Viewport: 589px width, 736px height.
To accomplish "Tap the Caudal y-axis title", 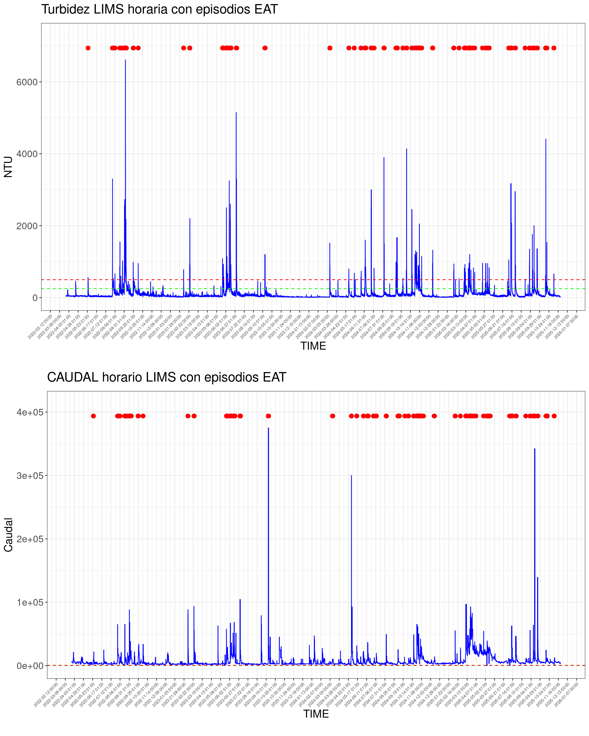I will click(8, 535).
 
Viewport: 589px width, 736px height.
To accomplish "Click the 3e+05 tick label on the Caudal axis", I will click(30, 476).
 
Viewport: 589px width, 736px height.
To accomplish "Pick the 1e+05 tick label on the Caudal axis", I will click(30, 602).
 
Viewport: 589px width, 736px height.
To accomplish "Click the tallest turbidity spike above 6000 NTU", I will click(125, 61).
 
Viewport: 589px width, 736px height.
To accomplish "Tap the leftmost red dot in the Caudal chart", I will click(94, 416).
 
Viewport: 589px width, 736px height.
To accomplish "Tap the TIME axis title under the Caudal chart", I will click(316, 714).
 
